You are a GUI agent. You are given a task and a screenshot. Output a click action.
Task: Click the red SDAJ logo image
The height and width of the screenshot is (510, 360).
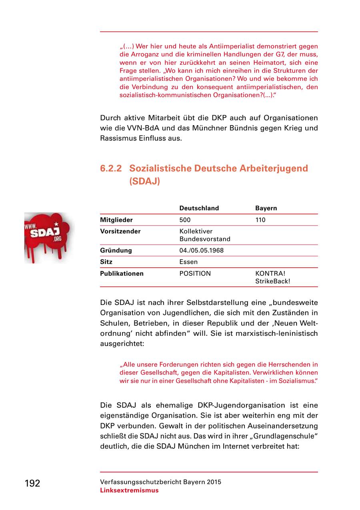click(49, 237)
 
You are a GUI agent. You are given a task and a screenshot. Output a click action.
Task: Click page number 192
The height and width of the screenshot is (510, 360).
click(32, 483)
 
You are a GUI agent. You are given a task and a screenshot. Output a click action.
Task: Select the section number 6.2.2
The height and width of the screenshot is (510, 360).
click(111, 168)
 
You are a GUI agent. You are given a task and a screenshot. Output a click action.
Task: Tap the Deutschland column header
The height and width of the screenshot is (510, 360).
click(199, 208)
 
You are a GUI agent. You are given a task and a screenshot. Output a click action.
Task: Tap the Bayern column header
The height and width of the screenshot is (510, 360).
click(266, 208)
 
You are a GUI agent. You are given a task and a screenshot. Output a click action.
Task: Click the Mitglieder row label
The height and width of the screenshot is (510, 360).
click(116, 220)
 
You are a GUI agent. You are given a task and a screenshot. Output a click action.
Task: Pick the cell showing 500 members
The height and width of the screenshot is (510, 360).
click(185, 220)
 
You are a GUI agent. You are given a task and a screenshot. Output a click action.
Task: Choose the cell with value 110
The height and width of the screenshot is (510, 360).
click(260, 220)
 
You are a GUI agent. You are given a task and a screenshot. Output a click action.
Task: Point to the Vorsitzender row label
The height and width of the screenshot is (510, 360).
click(120, 231)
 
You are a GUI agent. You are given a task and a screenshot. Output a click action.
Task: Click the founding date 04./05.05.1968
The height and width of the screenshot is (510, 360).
click(201, 251)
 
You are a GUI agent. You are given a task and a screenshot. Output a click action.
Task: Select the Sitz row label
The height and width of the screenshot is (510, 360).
click(106, 262)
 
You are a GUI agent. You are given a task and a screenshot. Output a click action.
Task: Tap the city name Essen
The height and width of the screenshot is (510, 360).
click(188, 262)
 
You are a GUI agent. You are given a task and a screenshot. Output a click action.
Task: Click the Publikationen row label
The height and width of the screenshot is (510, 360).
click(122, 274)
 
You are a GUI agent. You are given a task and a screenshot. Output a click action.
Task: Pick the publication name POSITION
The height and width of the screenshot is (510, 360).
click(195, 274)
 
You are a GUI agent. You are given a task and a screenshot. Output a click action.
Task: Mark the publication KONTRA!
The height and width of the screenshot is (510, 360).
click(270, 274)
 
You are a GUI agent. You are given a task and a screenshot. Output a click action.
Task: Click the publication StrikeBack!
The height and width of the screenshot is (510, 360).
click(273, 281)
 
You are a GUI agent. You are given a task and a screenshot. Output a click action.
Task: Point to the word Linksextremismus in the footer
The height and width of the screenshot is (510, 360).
click(129, 490)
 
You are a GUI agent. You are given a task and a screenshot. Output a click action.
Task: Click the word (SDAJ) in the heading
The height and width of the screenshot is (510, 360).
click(144, 181)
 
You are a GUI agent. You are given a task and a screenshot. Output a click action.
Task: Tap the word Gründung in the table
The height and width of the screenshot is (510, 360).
click(116, 251)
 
